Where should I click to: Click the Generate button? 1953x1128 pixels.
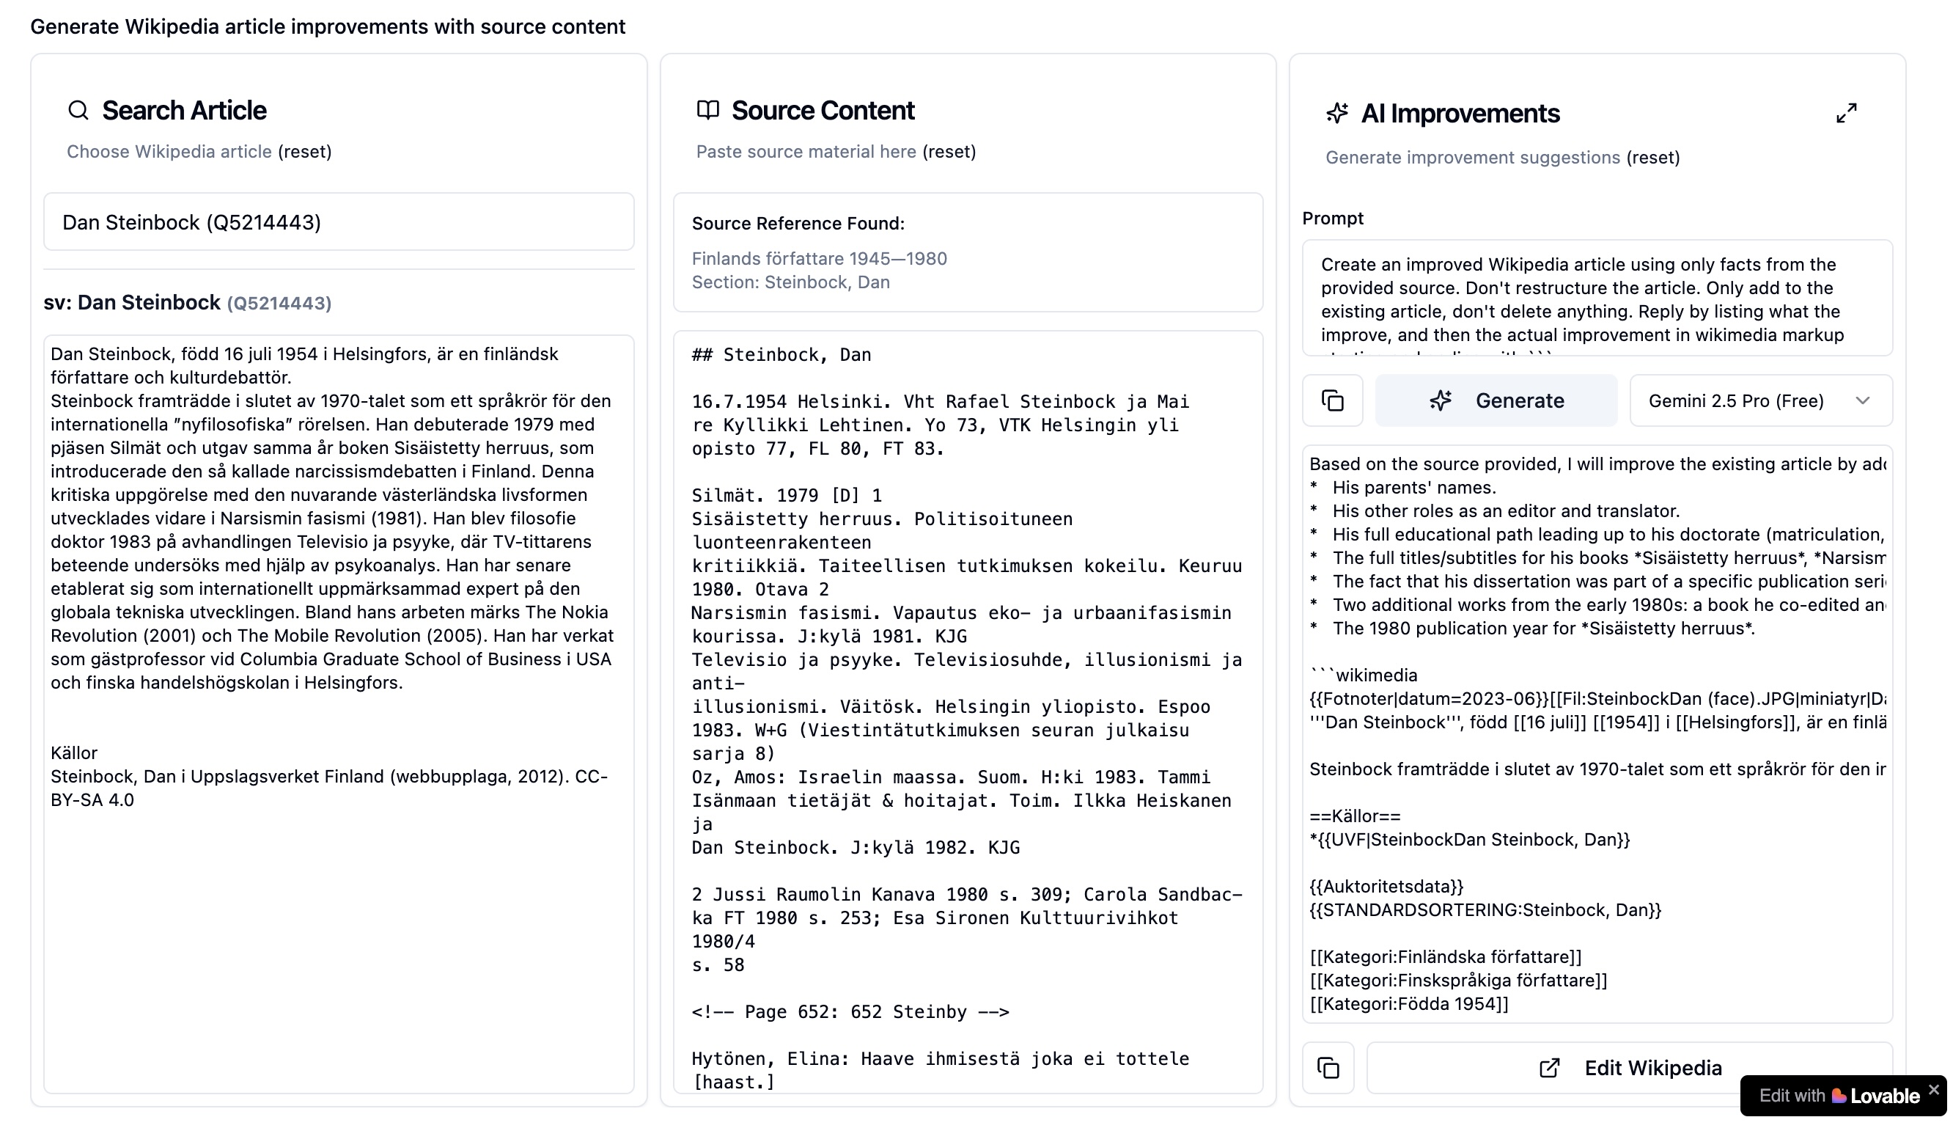coord(1496,400)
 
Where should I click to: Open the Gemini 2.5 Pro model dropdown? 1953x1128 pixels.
coord(1760,400)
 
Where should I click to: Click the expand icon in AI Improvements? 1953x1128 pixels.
coord(1846,113)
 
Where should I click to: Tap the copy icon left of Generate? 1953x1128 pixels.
coord(1332,400)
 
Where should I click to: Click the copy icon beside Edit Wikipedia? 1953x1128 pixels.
coord(1328,1068)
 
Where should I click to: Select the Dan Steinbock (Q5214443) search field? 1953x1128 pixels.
coord(339,222)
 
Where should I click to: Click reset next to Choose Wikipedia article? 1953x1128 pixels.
coord(304,151)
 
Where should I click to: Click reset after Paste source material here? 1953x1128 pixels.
coord(949,151)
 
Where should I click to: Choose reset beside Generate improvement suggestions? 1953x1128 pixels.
coord(1652,157)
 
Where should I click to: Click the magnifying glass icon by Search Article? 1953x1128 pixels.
coord(78,110)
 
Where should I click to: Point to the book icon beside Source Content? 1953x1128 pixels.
coord(707,110)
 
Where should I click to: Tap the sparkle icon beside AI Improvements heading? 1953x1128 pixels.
coord(1337,113)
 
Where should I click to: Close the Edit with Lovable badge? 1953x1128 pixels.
coord(1934,1089)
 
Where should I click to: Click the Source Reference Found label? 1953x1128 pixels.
coord(798,223)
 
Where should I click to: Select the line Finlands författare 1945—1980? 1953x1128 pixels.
coord(819,258)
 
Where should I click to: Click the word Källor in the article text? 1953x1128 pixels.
coord(73,753)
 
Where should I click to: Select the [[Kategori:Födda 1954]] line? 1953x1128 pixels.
coord(1408,1004)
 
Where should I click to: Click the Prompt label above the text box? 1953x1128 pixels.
coord(1332,219)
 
